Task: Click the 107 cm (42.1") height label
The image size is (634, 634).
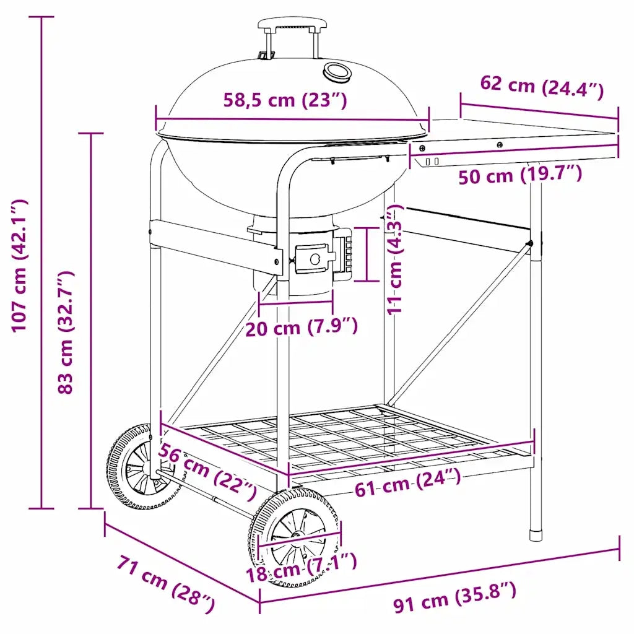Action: click(19, 266)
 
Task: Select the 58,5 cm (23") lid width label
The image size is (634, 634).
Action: click(285, 100)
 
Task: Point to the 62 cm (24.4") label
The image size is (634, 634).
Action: click(542, 87)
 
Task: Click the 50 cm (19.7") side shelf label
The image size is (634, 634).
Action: click(520, 175)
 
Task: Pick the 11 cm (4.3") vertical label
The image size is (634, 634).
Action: click(395, 259)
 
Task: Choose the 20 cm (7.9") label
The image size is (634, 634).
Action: click(302, 327)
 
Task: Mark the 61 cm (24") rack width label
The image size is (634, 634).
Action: click(407, 482)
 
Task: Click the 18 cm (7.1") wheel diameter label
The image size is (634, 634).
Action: click(302, 567)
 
